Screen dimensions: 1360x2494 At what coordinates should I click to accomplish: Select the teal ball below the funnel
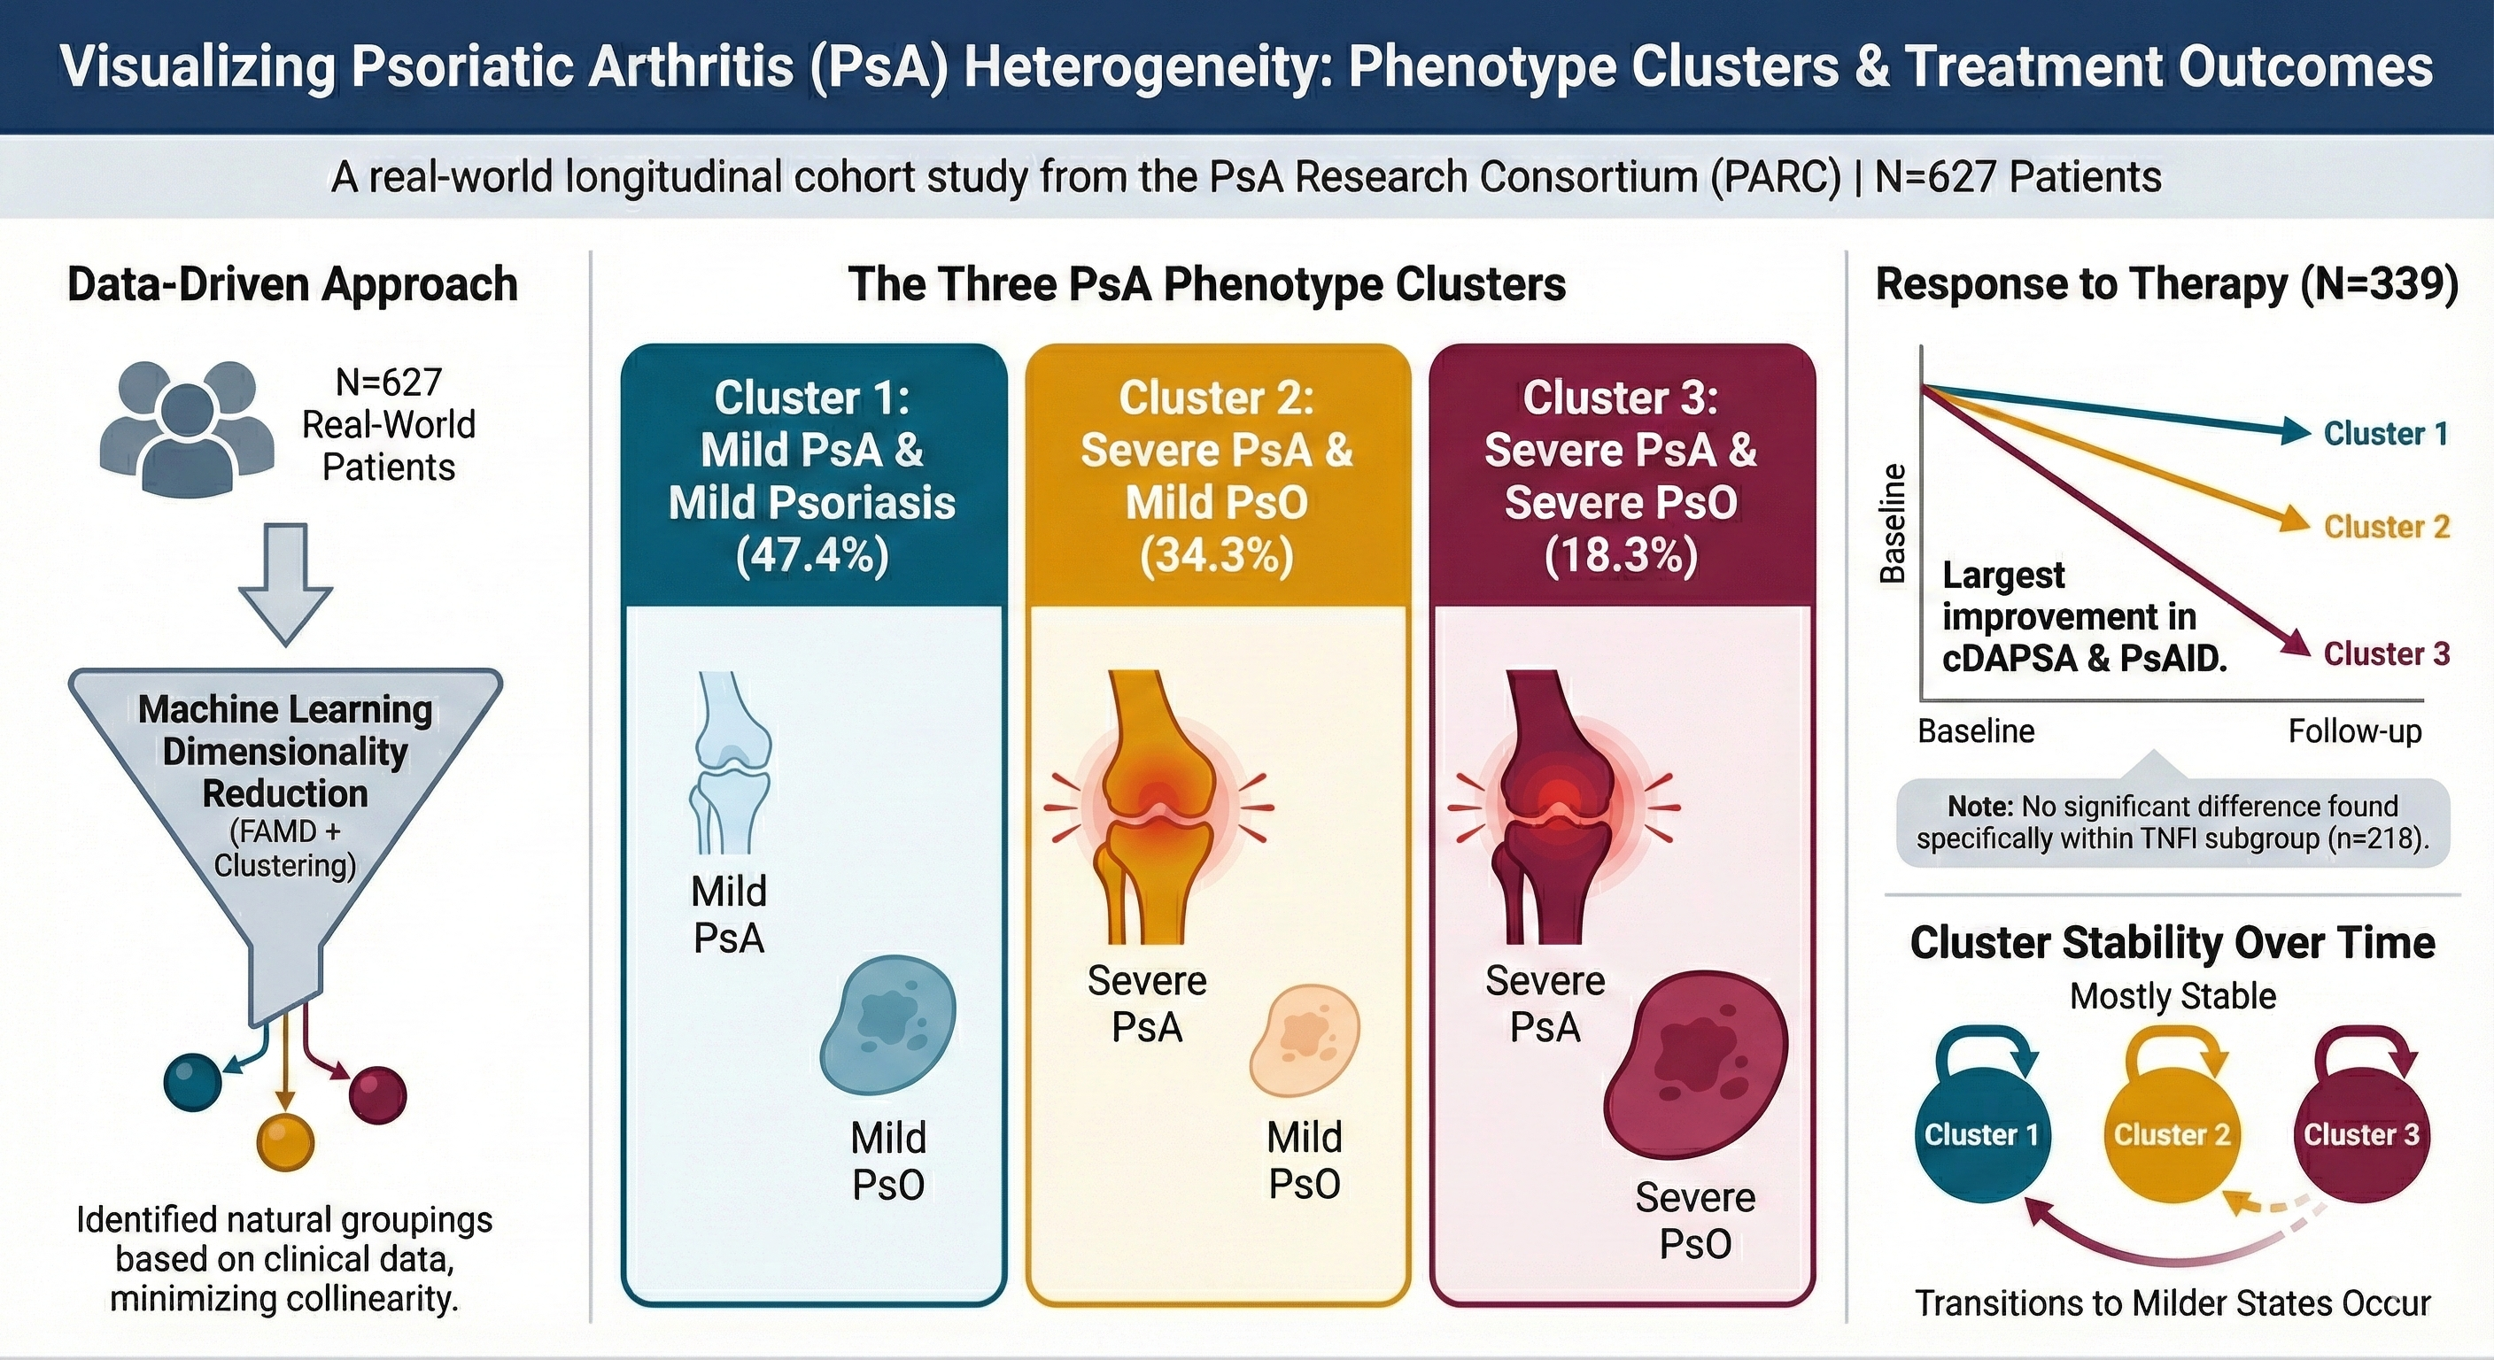pos(193,1081)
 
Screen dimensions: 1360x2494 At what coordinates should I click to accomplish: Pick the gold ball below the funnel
pos(285,1142)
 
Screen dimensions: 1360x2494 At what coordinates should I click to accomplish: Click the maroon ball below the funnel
pos(376,1094)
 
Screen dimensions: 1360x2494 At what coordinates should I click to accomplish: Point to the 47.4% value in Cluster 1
pos(811,557)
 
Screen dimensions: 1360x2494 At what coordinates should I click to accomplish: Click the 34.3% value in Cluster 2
pos(1216,557)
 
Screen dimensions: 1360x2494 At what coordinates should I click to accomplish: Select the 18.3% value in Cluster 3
pos(1621,557)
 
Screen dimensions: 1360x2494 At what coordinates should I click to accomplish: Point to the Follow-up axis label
pos(2355,730)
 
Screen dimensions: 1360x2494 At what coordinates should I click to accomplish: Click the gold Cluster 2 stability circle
pos(2172,1134)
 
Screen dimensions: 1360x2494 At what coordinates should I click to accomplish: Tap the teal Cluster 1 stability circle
pos(1982,1134)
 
